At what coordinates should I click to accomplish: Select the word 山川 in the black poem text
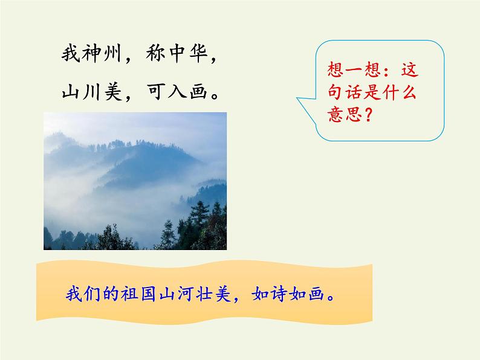[82, 91]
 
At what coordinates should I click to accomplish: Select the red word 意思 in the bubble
[340, 115]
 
